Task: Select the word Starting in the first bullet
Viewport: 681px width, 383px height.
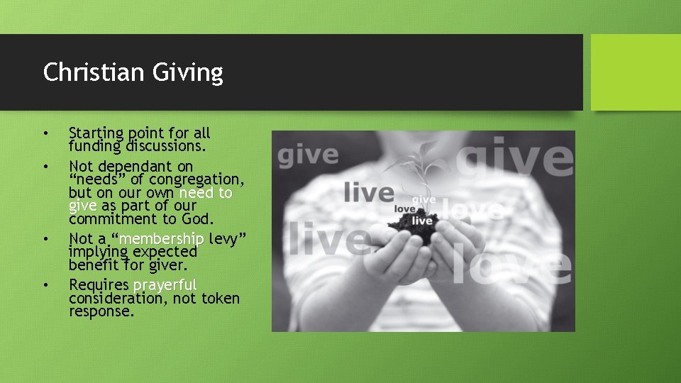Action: (96, 133)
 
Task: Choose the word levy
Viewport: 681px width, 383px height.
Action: (227, 239)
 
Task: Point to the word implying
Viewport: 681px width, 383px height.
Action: (98, 252)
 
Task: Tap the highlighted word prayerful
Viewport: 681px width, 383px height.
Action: (165, 285)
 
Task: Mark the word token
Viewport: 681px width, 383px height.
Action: (221, 298)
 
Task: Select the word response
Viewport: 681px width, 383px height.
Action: (101, 311)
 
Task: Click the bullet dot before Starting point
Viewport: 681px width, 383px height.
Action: (45, 133)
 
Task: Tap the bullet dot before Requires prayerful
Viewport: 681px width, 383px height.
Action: (45, 285)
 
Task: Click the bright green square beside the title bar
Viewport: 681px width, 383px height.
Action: (635, 72)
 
